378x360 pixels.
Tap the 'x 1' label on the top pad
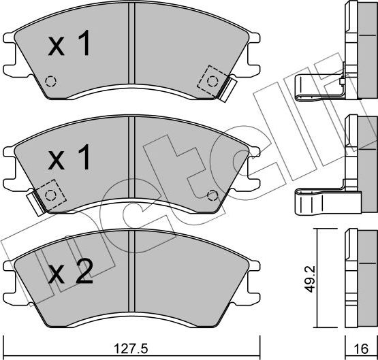(x=69, y=46)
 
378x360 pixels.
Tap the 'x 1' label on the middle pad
(x=69, y=161)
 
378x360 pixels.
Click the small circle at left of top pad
(x=50, y=81)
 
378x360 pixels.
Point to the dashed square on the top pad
(x=210, y=80)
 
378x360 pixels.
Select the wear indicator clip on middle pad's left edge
(x=31, y=199)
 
